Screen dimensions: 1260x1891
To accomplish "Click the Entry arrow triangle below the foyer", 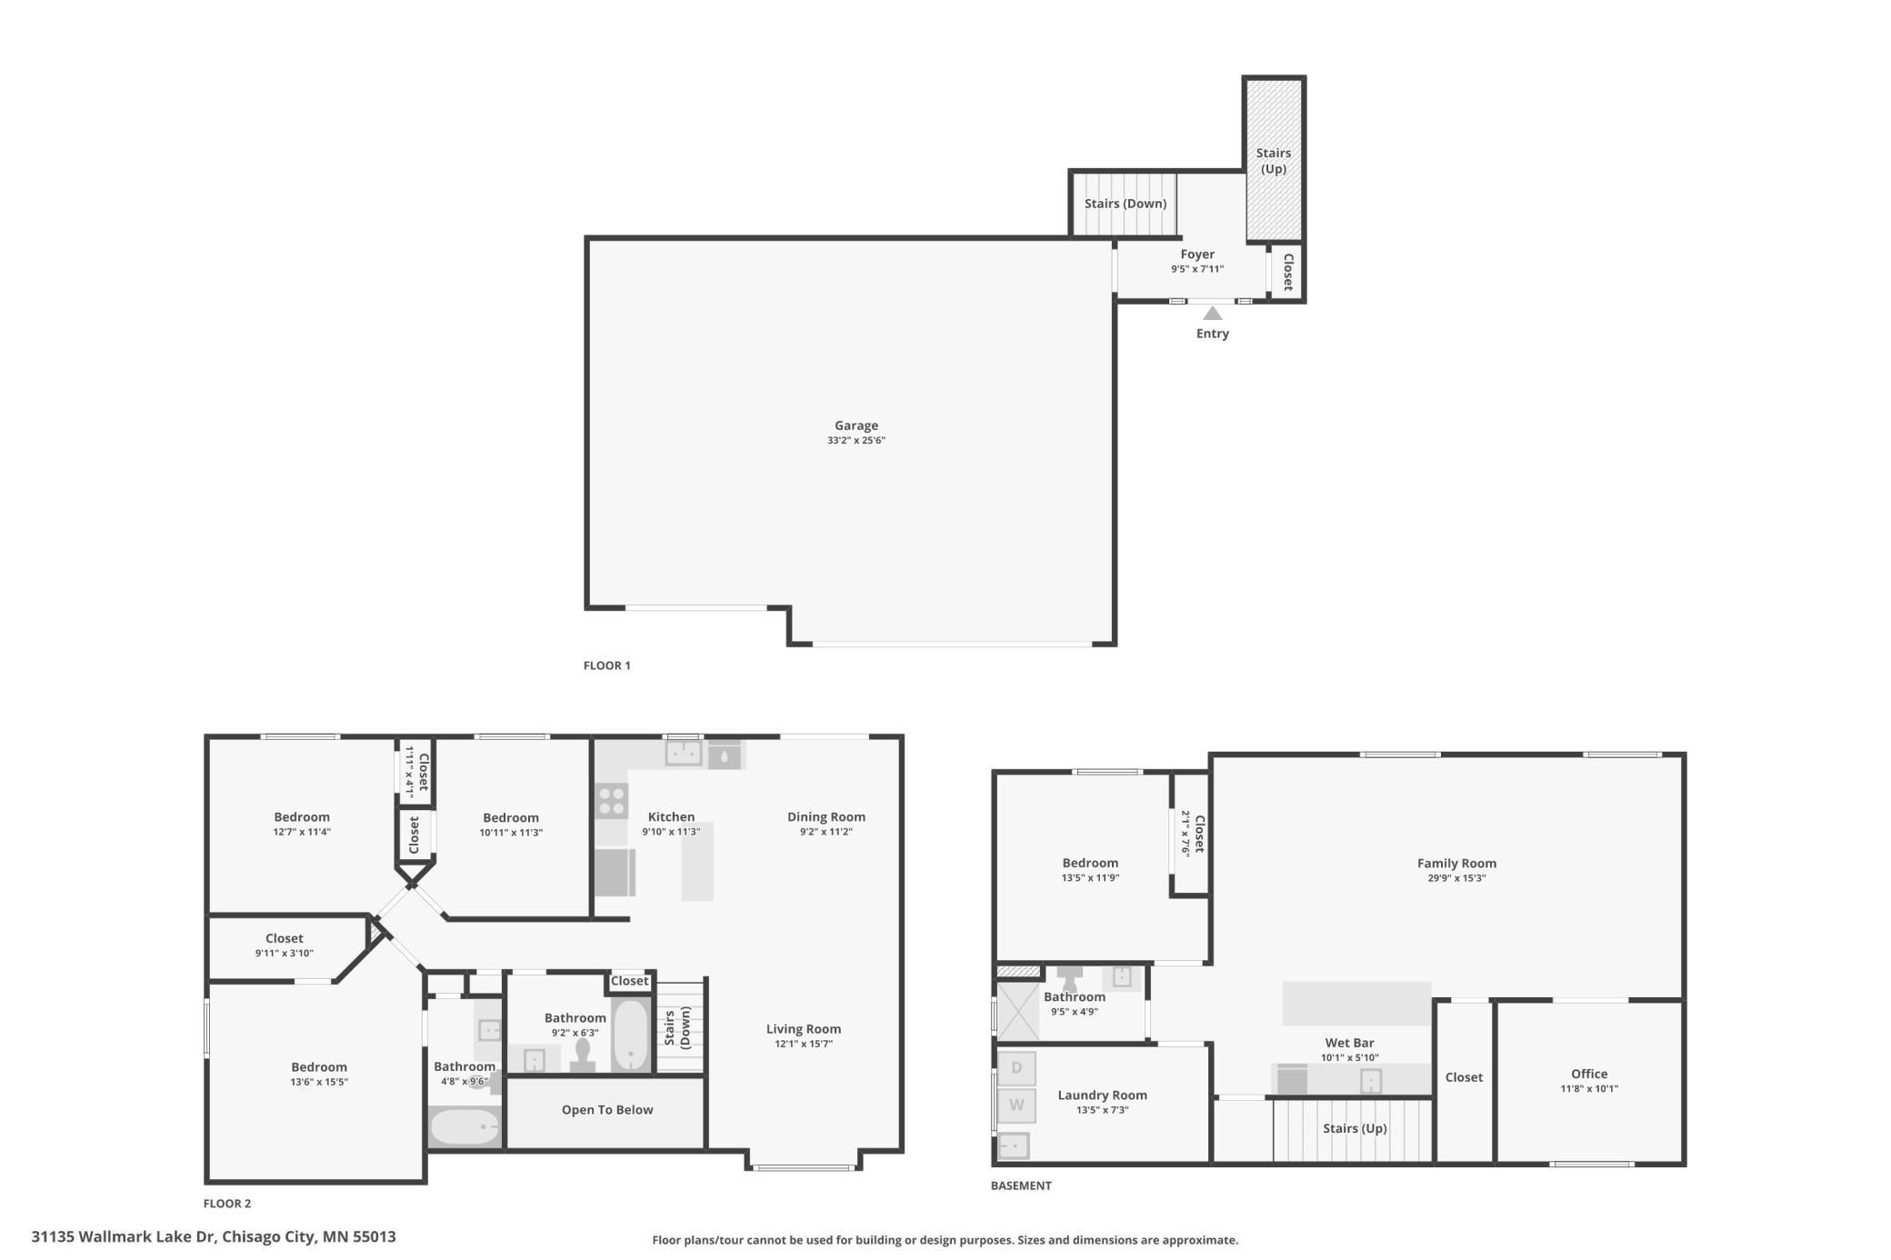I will [1213, 314].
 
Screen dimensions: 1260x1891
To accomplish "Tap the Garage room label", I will [856, 425].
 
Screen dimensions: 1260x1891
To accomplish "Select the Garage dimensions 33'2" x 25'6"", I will [856, 441].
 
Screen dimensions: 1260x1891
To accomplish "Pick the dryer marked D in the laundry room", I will [1016, 1067].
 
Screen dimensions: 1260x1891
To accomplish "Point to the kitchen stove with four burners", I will [612, 802].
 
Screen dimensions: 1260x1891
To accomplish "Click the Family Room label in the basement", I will [1456, 864].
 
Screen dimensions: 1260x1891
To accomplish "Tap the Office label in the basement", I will [1589, 1074].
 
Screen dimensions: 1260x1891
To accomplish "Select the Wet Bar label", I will [1349, 1043].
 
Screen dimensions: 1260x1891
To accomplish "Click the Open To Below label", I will [607, 1110].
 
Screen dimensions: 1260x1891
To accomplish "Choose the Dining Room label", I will [826, 817].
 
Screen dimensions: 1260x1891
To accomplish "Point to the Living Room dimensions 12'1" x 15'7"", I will [804, 1045].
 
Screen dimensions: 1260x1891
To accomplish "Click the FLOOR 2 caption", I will [227, 1204].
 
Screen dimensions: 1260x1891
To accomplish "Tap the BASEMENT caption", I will [1021, 1185].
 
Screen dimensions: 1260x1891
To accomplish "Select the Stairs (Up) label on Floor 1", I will [1274, 161].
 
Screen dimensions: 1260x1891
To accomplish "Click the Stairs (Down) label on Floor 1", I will [1126, 204].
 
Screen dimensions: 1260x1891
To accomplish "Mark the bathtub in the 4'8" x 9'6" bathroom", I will [465, 1127].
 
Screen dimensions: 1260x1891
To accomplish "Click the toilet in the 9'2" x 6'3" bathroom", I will [583, 1055].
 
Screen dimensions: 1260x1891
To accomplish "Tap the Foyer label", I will [1197, 255].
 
